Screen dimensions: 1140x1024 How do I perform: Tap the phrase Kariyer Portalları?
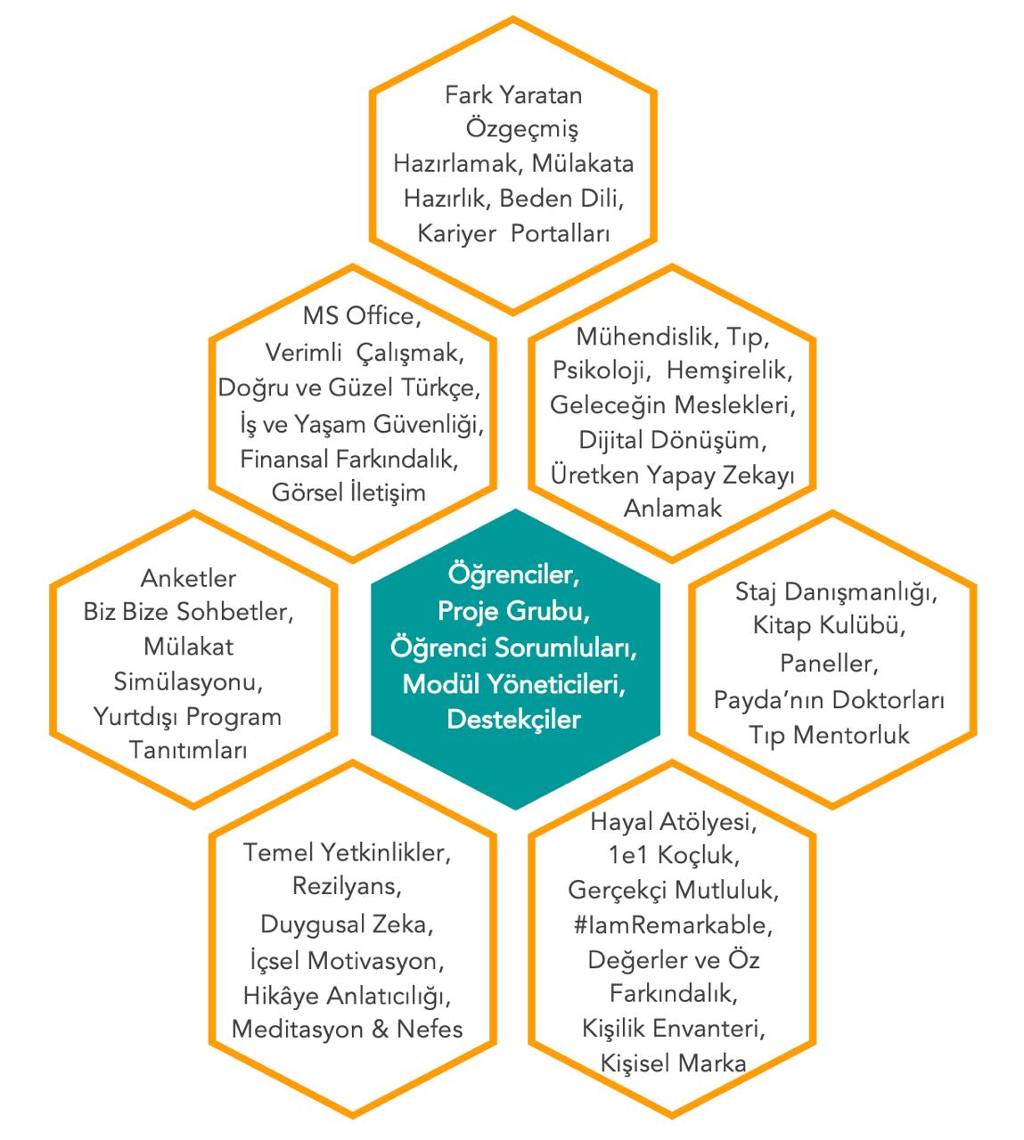pos(513,234)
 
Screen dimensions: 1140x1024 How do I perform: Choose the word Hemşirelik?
pos(729,369)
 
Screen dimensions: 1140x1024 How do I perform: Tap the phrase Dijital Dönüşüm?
pos(672,440)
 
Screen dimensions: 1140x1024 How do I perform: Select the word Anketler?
pos(188,578)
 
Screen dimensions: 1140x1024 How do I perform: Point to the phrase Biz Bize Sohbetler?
pos(188,613)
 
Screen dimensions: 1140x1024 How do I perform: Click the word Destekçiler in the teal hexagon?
pos(513,719)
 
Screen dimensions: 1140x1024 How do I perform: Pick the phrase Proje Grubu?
pos(513,612)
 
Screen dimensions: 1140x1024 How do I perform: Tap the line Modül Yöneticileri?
pos(513,684)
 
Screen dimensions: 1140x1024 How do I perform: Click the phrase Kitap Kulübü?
pos(829,626)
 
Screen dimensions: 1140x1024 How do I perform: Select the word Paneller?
pos(829,663)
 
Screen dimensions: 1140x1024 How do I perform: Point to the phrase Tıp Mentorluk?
pos(829,735)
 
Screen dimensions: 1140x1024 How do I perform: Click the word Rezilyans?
pos(348,887)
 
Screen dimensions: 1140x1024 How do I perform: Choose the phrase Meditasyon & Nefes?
pos(348,1030)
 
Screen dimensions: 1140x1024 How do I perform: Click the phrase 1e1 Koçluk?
pos(671,855)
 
